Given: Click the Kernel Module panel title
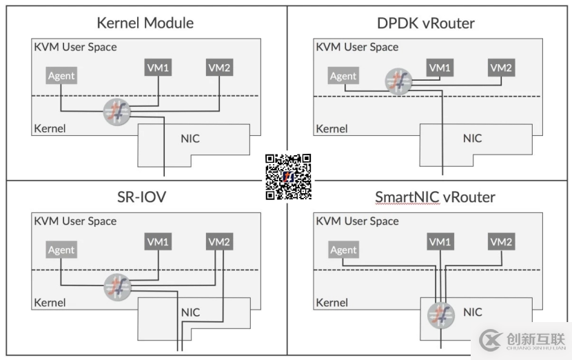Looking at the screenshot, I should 145,23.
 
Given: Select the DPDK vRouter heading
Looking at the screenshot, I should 426,23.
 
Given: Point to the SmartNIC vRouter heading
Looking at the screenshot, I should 435,197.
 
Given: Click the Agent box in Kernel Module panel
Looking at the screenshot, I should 61,76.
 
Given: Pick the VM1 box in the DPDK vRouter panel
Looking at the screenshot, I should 439,68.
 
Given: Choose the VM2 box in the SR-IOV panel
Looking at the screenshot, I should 219,242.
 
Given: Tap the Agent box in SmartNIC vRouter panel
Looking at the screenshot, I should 343,250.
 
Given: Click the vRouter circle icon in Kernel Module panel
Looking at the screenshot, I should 116,112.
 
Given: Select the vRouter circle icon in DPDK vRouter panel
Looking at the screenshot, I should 398,80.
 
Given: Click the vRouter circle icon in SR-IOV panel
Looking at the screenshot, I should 116,286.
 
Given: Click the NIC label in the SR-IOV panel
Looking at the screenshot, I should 190,312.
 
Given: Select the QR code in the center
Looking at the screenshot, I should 288,177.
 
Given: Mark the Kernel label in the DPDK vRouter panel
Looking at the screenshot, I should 331,129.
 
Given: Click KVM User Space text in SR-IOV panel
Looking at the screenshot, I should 75,221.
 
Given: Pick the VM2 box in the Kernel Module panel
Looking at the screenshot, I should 219,68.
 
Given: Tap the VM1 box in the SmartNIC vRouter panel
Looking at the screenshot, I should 439,242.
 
